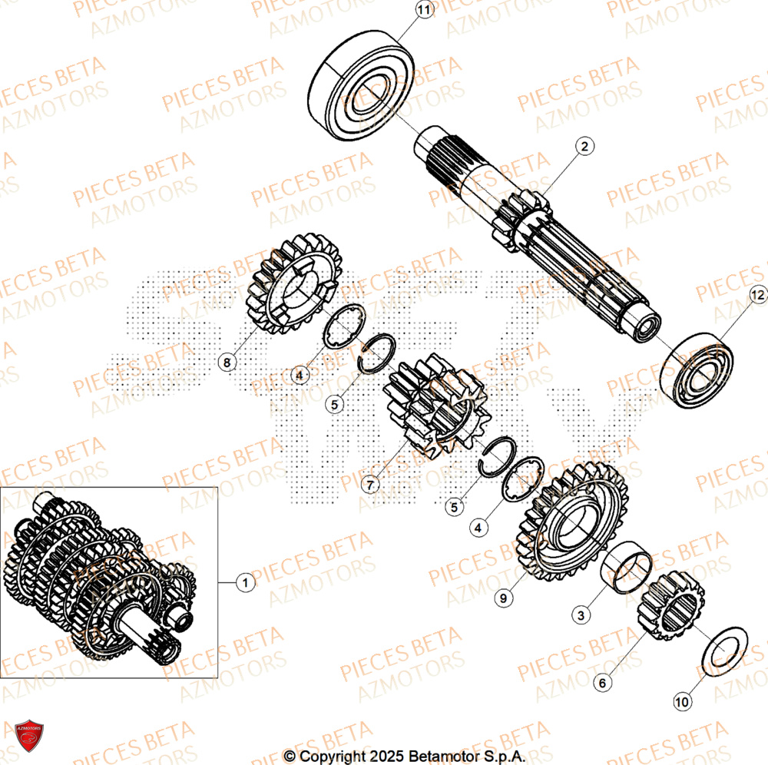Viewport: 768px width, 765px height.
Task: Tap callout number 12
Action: pyautogui.click(x=758, y=294)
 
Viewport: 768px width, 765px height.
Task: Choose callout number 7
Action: pyautogui.click(x=371, y=485)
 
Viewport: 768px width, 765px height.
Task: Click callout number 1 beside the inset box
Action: pyautogui.click(x=245, y=583)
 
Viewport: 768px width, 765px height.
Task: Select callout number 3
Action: pyautogui.click(x=584, y=614)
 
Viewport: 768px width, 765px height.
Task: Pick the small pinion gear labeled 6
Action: pyautogui.click(x=670, y=609)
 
